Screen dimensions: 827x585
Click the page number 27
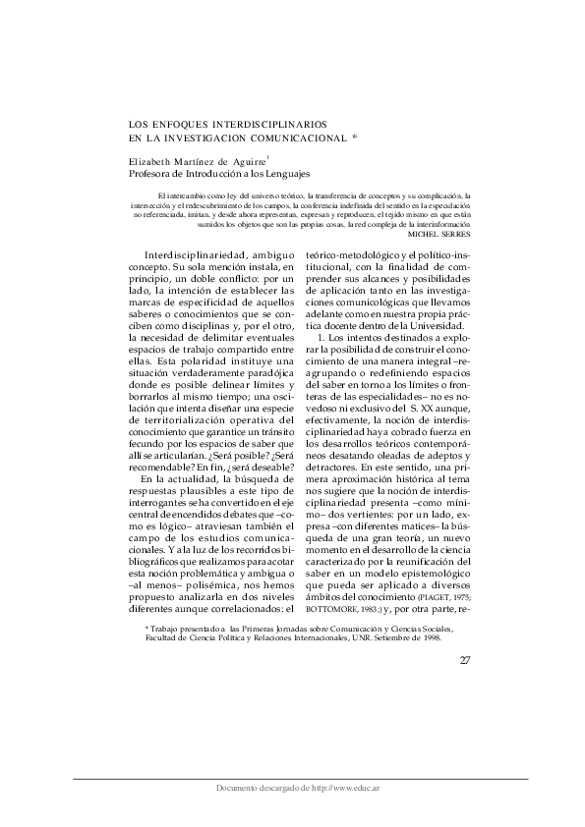click(x=465, y=659)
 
